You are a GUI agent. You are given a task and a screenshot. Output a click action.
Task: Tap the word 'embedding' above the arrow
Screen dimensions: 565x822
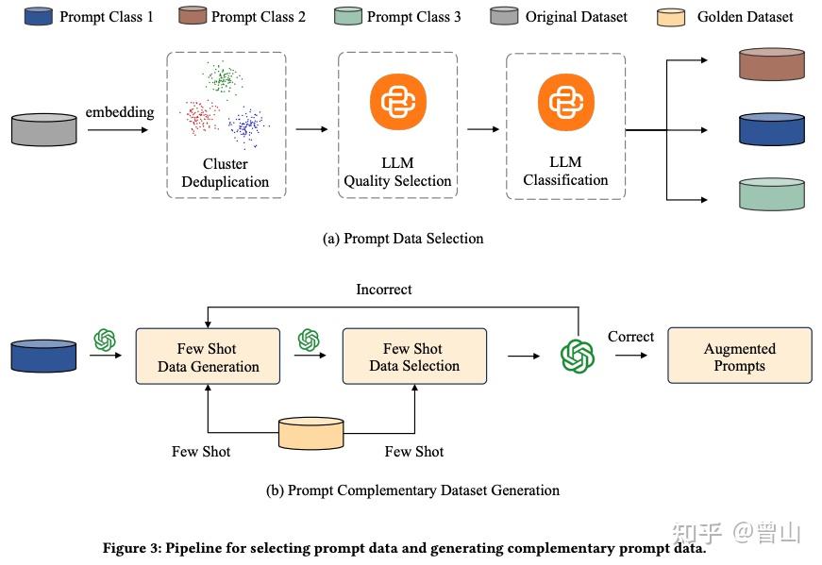pos(120,112)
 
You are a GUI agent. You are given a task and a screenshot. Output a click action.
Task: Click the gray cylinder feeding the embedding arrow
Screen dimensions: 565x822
pos(44,129)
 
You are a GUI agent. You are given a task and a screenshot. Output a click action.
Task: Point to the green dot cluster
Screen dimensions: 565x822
pos(223,79)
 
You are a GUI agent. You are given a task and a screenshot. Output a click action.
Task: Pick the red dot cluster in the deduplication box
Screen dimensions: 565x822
pos(200,117)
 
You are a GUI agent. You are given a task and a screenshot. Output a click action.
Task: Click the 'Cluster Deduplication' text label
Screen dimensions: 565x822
pos(225,173)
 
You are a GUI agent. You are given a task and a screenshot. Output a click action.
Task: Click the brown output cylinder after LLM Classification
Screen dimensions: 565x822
pos(772,65)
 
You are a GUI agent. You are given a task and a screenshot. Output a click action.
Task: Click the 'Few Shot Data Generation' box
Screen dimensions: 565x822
pos(208,357)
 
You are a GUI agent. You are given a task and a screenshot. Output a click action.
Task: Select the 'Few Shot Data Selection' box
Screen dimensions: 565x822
pos(414,357)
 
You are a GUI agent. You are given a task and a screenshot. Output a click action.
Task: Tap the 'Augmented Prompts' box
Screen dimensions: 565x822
pos(739,356)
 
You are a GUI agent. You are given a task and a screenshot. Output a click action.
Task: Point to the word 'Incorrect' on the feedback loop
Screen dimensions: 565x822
pos(383,290)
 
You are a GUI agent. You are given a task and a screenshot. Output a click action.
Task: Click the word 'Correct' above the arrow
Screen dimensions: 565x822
pos(630,337)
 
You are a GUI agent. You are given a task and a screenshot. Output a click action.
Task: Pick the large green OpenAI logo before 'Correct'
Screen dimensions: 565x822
pos(578,357)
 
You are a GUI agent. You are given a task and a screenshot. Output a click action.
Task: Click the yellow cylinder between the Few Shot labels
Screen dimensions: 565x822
pos(310,433)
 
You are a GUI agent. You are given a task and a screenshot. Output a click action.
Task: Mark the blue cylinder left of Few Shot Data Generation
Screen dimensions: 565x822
pos(43,356)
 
